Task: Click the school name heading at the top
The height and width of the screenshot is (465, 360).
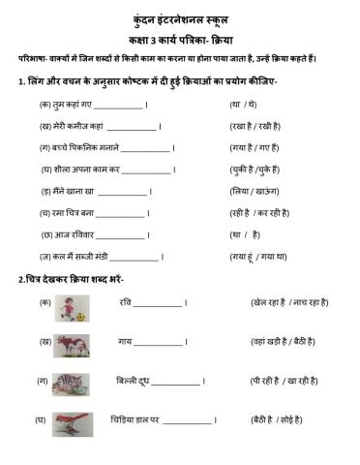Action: [180, 19]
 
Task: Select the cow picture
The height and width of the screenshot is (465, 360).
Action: [75, 344]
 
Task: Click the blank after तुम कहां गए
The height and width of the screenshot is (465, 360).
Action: [118, 105]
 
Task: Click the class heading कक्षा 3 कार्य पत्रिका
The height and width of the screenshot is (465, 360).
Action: [180, 40]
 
